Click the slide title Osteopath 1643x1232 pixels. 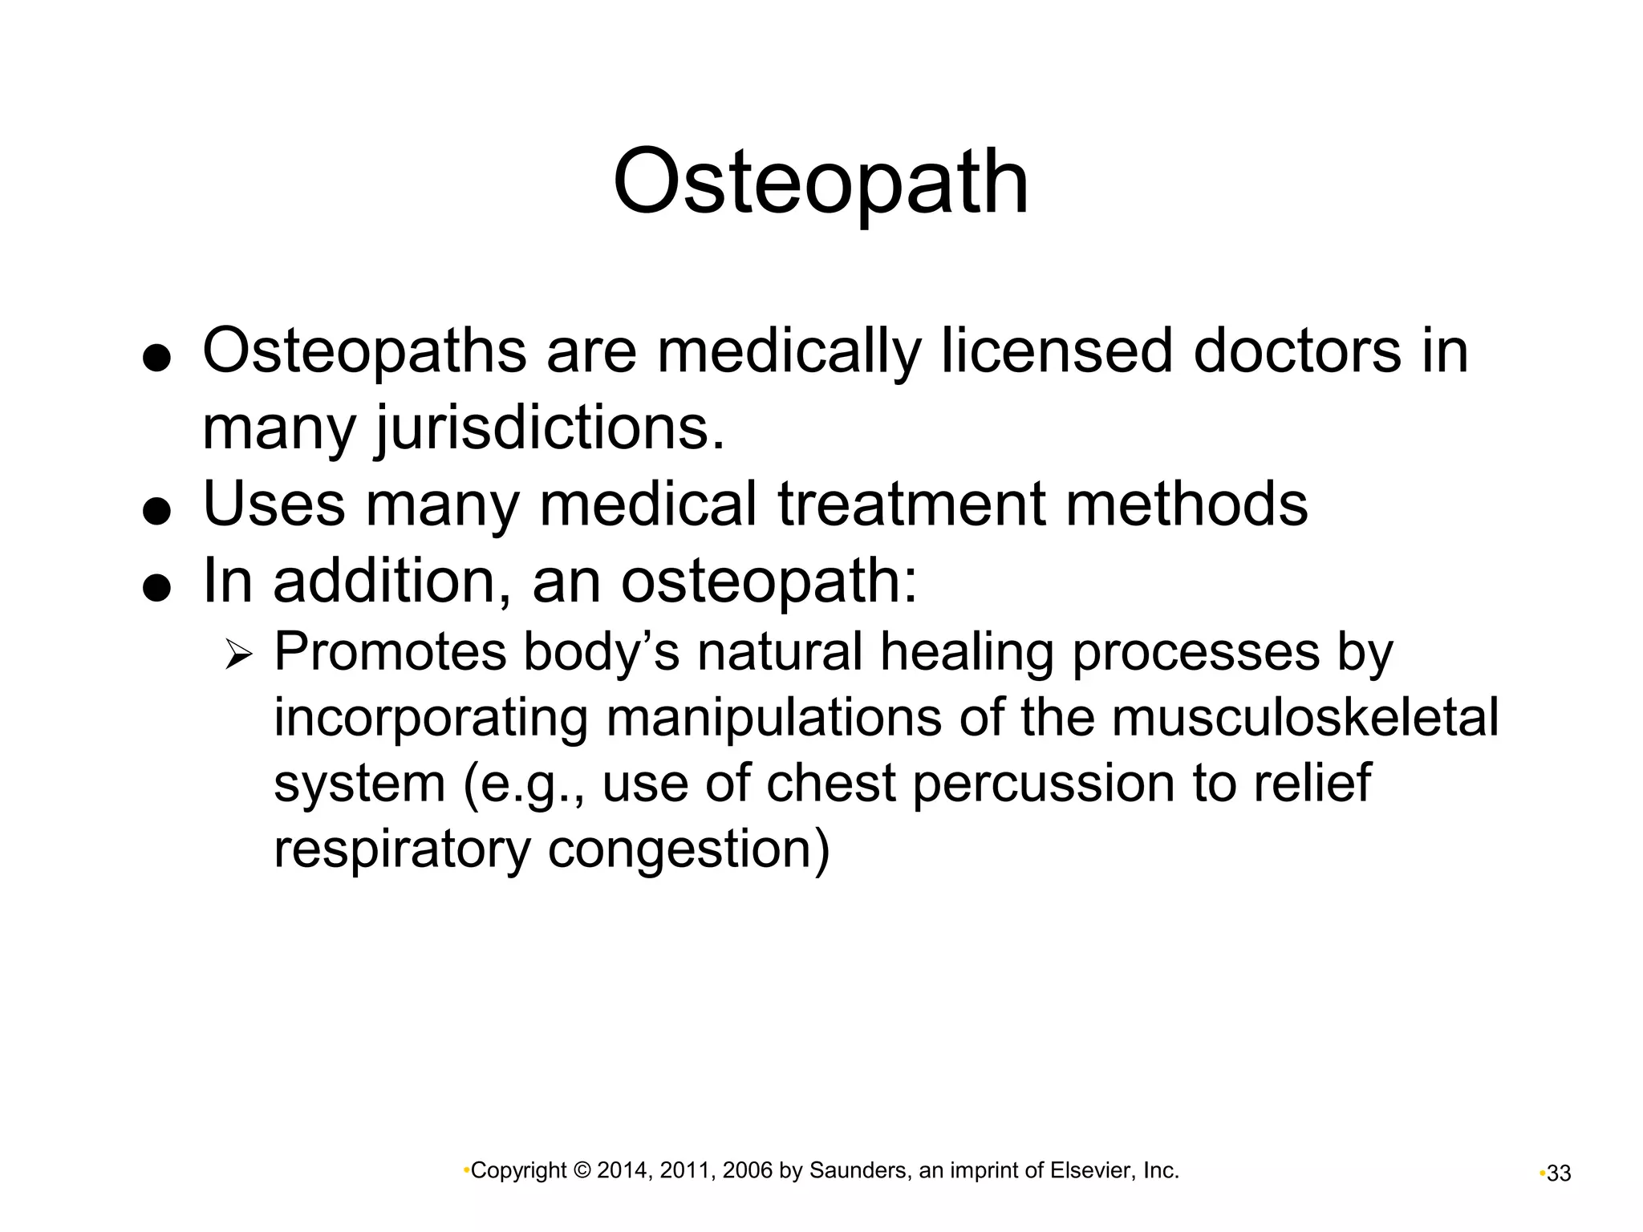coord(820,182)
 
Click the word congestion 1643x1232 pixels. coord(688,848)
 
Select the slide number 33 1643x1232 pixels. coord(1558,1173)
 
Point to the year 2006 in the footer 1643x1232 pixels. coord(747,1171)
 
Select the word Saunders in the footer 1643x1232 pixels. coord(858,1171)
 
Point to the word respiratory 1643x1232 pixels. coord(402,848)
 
